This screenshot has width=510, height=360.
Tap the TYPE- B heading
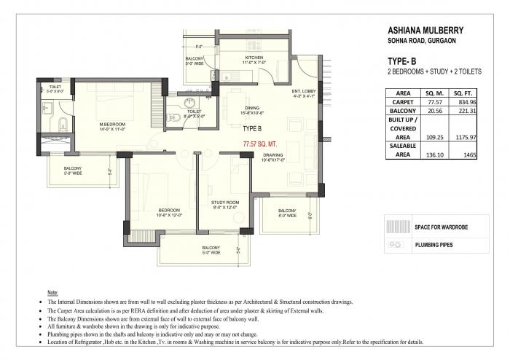(402, 62)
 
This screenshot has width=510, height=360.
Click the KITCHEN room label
(254, 57)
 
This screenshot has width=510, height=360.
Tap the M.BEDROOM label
(113, 124)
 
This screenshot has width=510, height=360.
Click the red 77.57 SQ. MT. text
(262, 146)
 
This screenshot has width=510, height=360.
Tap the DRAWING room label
(273, 155)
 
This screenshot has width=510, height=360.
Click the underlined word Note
(52, 291)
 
